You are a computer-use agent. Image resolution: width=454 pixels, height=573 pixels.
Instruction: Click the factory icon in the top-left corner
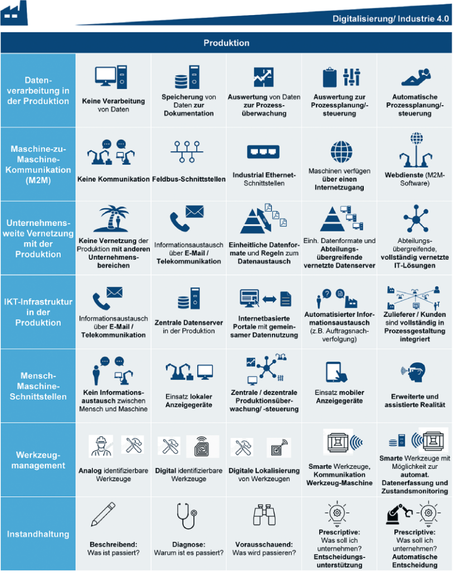pyautogui.click(x=14, y=13)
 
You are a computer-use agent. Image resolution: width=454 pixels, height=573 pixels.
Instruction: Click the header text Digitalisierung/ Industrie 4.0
pyautogui.click(x=390, y=19)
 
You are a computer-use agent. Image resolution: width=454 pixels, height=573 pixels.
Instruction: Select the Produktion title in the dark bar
pyautogui.click(x=227, y=43)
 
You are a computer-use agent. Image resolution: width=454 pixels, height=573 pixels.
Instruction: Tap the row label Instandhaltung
pyautogui.click(x=38, y=534)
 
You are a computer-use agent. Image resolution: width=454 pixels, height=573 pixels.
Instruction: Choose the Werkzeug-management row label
pyautogui.click(x=38, y=461)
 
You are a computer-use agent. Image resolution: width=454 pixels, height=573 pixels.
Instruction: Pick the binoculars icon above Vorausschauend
pyautogui.click(x=264, y=515)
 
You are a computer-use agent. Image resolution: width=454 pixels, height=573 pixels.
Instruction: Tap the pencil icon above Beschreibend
pyautogui.click(x=103, y=514)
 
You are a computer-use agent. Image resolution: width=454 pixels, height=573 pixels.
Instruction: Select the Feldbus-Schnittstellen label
pyautogui.click(x=189, y=179)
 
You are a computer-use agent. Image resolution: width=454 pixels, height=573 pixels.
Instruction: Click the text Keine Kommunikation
pyautogui.click(x=114, y=179)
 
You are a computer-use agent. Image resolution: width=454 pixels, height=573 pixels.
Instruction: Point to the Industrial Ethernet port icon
pyautogui.click(x=263, y=152)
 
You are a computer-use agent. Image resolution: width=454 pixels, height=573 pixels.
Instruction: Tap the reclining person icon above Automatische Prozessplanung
pyautogui.click(x=416, y=77)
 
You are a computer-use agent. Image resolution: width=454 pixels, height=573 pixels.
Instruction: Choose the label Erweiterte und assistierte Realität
pyautogui.click(x=415, y=401)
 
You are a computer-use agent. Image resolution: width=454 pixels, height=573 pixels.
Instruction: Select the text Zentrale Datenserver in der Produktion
pyautogui.click(x=189, y=327)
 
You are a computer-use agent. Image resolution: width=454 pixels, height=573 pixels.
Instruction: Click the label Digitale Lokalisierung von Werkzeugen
pyautogui.click(x=264, y=475)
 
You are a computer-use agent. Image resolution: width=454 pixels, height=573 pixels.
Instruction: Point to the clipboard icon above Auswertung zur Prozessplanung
pyautogui.click(x=330, y=77)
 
